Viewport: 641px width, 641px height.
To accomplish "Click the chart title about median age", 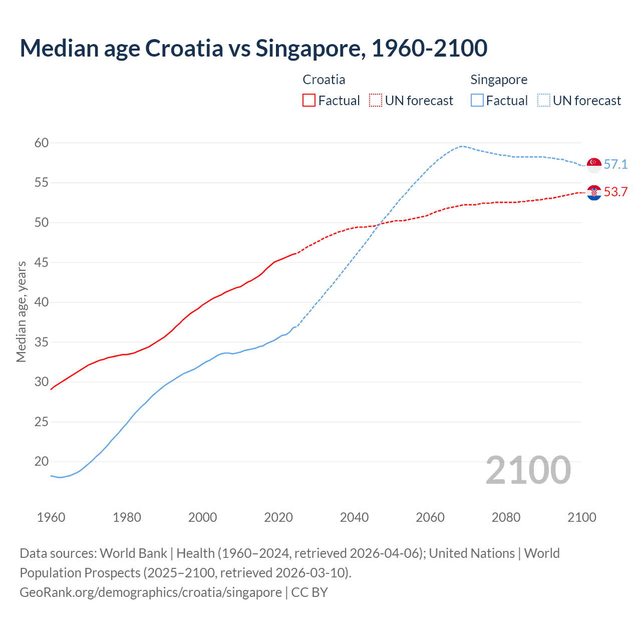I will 253,49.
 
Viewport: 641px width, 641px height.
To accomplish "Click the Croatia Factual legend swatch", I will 309,101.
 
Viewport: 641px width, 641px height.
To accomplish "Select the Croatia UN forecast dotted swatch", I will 376,101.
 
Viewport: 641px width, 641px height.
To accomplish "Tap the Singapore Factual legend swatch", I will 477,101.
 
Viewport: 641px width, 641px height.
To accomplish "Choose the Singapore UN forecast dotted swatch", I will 544,101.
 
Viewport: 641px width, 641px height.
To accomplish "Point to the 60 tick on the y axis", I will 42,143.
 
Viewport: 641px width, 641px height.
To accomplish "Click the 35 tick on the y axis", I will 42,343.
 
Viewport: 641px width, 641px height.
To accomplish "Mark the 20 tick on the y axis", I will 42,462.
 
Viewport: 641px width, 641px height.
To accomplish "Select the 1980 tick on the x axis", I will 127,517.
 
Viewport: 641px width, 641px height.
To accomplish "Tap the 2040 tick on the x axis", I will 354,517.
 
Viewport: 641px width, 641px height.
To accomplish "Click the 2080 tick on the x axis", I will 506,517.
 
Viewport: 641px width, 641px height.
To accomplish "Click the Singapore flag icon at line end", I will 594,165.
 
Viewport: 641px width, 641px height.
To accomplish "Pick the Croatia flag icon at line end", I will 594,192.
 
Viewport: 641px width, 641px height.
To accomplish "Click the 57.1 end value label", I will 615,165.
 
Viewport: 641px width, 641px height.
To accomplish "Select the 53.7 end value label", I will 615,192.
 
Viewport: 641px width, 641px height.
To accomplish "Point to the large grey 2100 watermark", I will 528,470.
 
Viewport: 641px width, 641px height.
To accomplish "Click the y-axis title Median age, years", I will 21,311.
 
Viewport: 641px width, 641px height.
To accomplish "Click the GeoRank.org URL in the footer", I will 150,592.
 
